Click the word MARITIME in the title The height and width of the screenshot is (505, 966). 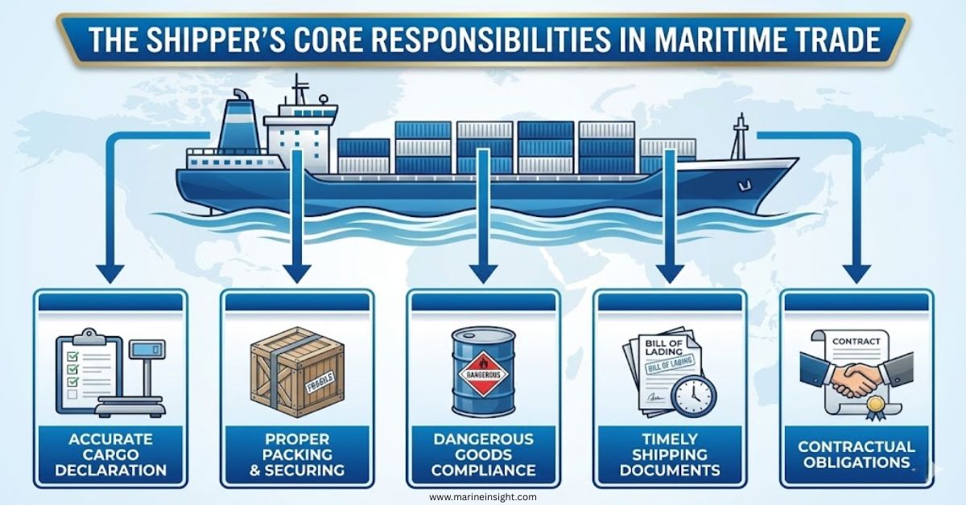click(x=707, y=40)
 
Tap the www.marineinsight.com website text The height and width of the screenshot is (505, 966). click(x=482, y=497)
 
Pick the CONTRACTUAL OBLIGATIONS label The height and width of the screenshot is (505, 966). click(x=856, y=454)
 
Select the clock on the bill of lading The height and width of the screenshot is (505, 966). click(x=693, y=396)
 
